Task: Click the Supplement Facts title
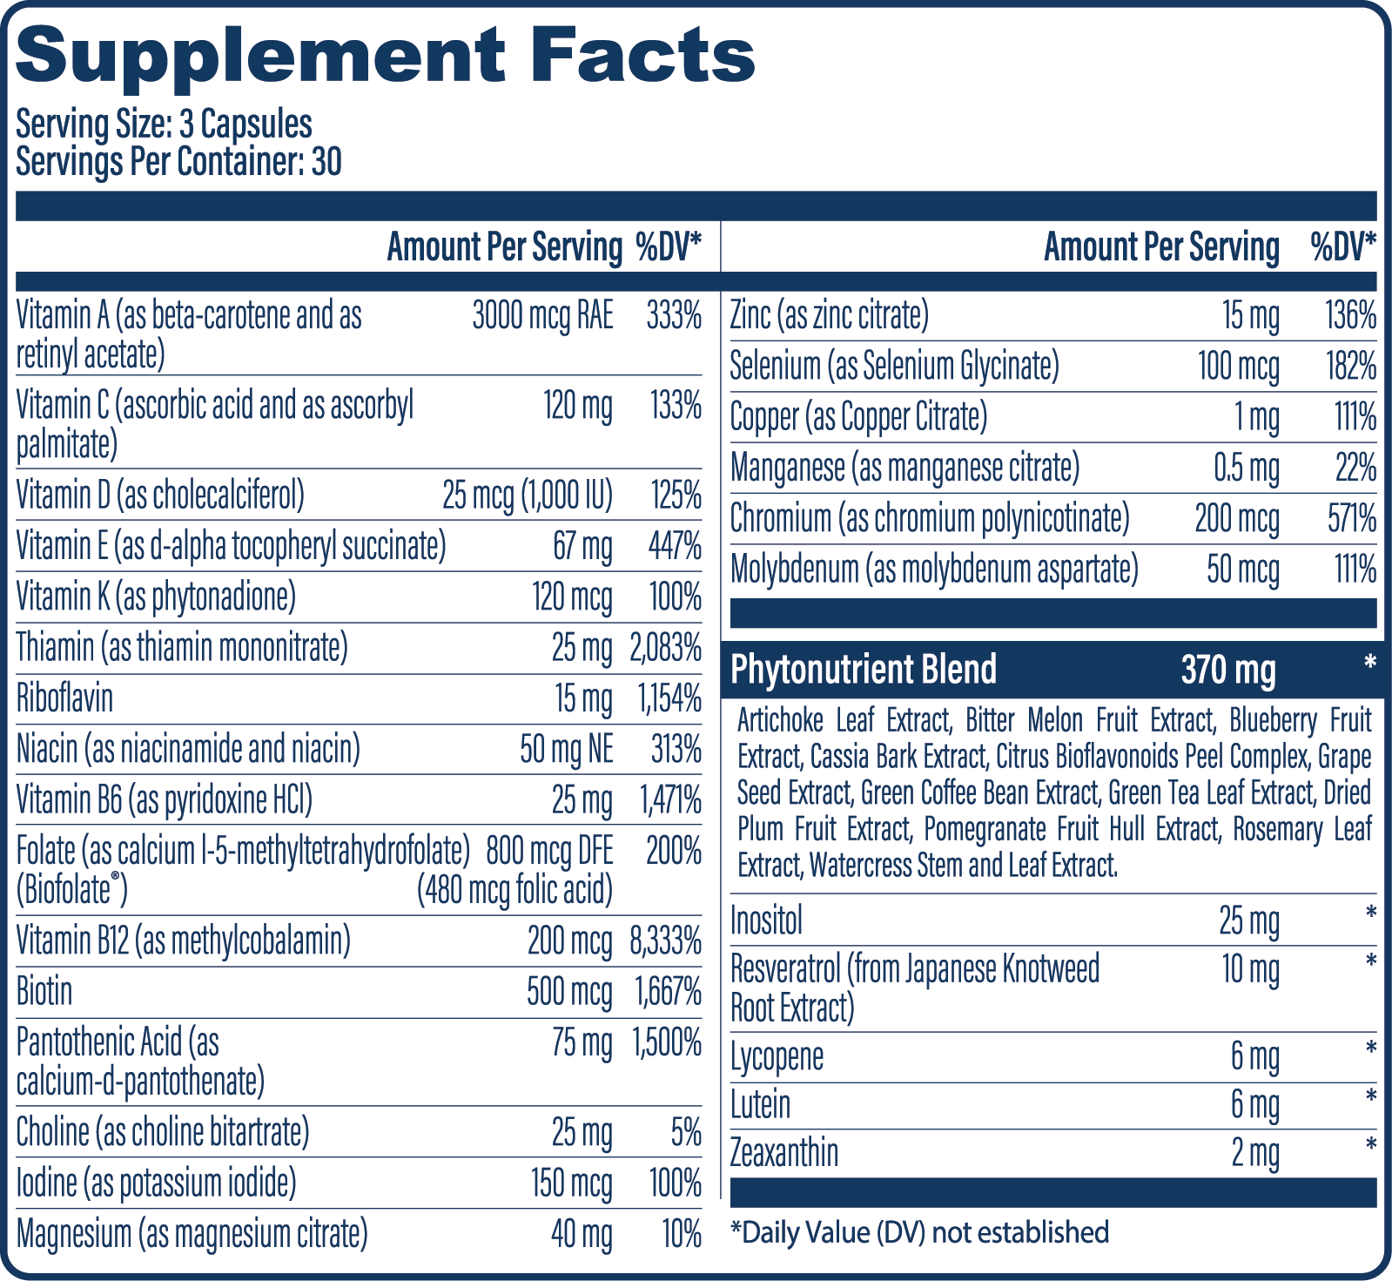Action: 385,56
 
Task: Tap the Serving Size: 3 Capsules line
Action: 164,125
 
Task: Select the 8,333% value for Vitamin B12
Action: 665,941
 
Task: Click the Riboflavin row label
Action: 64,698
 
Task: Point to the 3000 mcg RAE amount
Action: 542,315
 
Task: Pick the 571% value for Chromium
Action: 1351,519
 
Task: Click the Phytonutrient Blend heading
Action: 863,670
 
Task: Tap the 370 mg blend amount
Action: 1227,670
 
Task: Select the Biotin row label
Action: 44,992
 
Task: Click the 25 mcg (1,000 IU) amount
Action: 527,496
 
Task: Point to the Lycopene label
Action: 777,1057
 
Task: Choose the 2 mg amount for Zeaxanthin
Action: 1254,1153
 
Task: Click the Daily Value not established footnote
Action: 919,1232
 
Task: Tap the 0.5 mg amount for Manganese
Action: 1246,469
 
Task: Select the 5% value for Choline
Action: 685,1132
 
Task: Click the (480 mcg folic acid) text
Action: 514,890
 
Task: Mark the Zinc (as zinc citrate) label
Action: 829,315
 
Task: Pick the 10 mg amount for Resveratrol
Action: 1250,968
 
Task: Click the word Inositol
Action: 766,920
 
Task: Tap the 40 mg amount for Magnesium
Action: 581,1234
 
